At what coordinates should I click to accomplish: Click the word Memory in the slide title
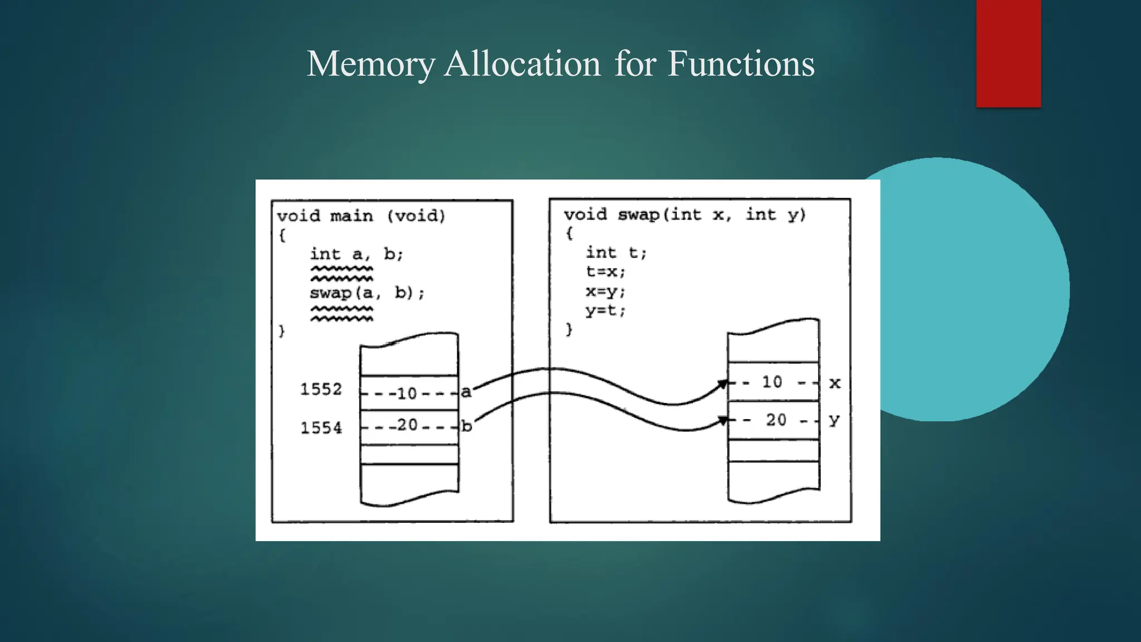pos(370,64)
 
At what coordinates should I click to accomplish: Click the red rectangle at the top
pos(1008,53)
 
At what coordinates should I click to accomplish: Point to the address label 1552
pos(321,389)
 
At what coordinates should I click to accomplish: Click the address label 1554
pos(321,428)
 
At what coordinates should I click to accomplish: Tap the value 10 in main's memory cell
pos(407,393)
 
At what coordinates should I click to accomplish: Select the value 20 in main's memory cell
pos(407,425)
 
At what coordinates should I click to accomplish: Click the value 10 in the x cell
pos(772,382)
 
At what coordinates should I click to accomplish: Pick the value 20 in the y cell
pos(776,420)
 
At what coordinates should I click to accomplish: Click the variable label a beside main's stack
pos(466,392)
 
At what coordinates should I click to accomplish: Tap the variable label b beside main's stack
pos(467,426)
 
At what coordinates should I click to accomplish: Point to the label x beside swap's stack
pos(835,383)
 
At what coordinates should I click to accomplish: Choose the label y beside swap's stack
pos(834,420)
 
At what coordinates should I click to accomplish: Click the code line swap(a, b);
pos(367,293)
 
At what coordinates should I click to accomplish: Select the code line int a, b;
pos(357,255)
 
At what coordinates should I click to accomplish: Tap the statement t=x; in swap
pos(606,272)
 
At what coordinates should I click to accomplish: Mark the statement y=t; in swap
pos(606,311)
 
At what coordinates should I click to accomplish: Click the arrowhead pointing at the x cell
pos(723,384)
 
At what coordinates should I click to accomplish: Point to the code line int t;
pos(616,253)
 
